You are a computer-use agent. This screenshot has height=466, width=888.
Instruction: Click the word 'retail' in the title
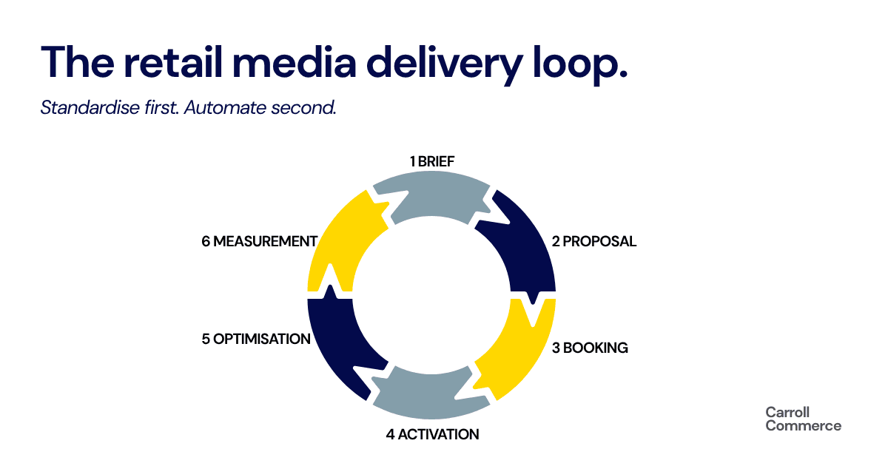pyautogui.click(x=173, y=62)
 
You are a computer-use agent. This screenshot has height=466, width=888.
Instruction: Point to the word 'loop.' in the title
pyautogui.click(x=580, y=65)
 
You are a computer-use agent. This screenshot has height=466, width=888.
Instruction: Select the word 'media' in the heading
pyautogui.click(x=295, y=62)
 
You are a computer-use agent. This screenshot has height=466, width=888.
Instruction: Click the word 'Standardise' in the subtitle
pyautogui.click(x=90, y=107)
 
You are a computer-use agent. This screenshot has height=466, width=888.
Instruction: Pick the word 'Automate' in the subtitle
pyautogui.click(x=225, y=107)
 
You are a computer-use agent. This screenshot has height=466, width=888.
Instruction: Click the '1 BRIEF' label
pyautogui.click(x=432, y=162)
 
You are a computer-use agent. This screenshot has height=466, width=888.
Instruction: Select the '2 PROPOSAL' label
pyautogui.click(x=593, y=241)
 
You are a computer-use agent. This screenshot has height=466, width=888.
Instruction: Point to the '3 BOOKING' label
pyautogui.click(x=590, y=348)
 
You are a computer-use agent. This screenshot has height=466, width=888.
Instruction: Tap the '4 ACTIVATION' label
pyautogui.click(x=432, y=435)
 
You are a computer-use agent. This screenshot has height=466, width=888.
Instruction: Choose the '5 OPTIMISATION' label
pyautogui.click(x=256, y=340)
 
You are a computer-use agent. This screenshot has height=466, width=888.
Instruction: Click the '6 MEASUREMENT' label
pyautogui.click(x=260, y=241)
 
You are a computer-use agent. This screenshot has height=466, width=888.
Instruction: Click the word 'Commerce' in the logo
pyautogui.click(x=803, y=426)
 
